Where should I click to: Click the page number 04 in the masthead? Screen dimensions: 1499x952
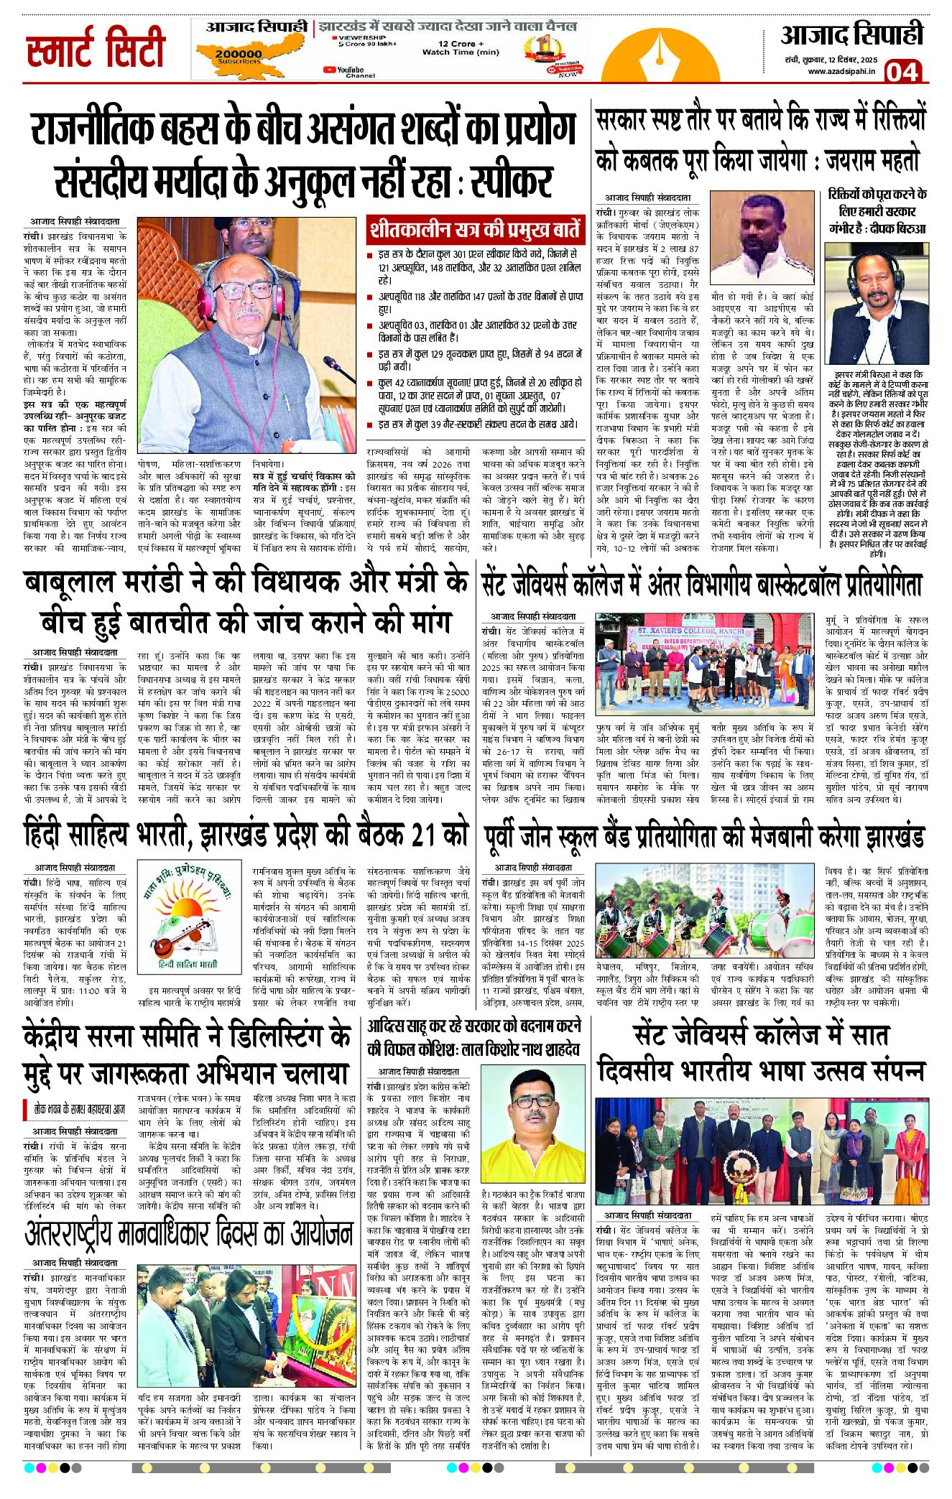pos(902,71)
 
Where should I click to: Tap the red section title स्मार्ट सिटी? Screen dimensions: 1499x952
pos(96,48)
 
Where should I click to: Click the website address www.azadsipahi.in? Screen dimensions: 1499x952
pos(841,71)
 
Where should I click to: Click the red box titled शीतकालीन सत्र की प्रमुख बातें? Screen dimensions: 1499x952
pos(474,230)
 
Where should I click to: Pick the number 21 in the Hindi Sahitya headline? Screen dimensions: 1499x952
pos(423,835)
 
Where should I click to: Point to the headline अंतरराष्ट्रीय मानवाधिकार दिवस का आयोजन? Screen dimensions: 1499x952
pos(188,1234)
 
